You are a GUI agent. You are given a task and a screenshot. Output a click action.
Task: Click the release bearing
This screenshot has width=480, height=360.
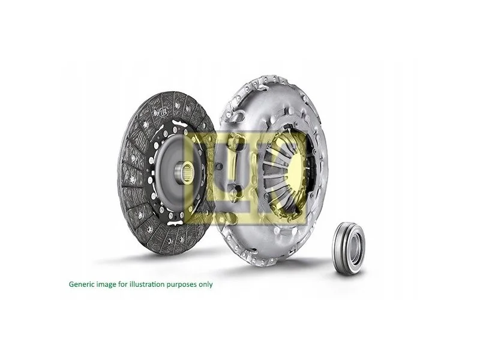(349, 248)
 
